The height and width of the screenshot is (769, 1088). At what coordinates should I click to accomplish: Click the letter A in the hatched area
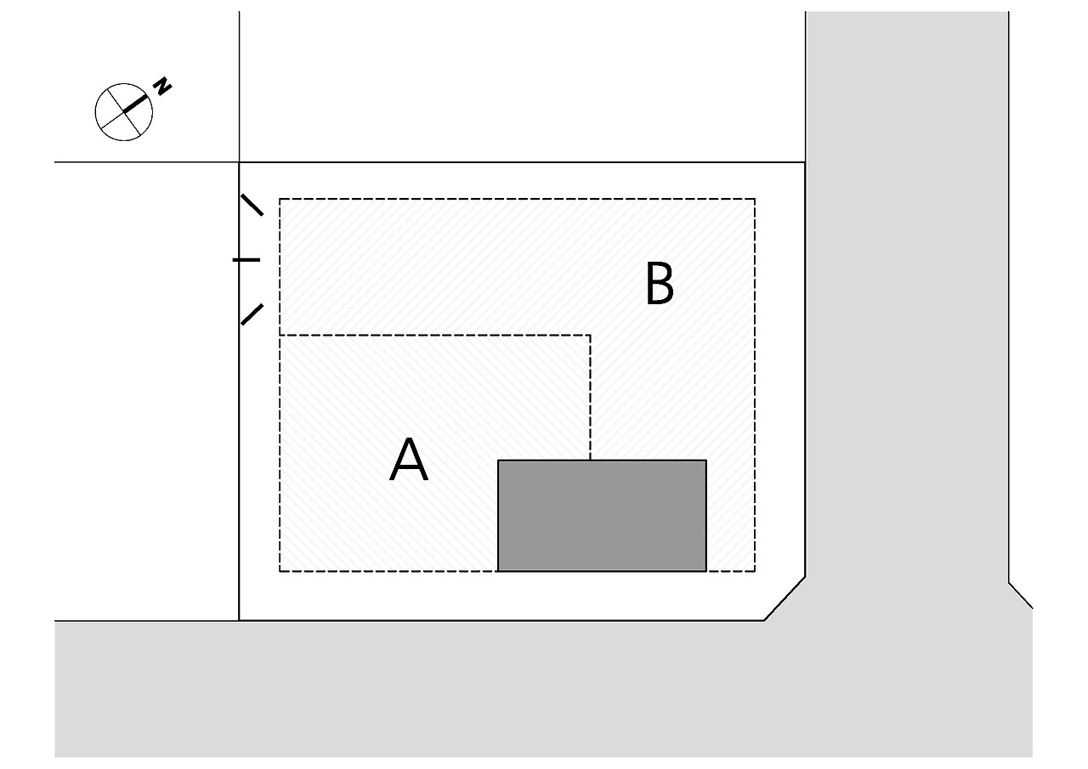point(408,461)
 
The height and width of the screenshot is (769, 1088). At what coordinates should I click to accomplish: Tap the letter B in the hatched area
point(660,284)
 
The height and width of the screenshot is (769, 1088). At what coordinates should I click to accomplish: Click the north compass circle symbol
point(123,111)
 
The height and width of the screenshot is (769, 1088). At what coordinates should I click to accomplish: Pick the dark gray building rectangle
point(602,516)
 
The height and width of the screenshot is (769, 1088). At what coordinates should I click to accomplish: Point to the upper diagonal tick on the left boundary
point(252,205)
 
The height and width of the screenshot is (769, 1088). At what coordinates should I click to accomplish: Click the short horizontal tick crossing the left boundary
point(246,259)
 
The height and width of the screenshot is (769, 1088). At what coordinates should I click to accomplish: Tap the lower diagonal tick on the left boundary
point(252,314)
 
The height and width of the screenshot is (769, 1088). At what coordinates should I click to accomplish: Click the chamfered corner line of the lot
point(785,599)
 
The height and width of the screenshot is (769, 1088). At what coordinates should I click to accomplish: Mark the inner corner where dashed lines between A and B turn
point(590,336)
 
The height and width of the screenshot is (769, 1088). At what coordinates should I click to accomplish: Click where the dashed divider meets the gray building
point(590,460)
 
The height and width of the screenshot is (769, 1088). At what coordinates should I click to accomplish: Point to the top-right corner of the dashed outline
point(754,199)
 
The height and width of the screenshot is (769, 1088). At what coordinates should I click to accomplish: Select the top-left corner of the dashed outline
point(280,199)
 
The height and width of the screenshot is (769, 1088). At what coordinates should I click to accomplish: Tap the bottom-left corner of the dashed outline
point(280,571)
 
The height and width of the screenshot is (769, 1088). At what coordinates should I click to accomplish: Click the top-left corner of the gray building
point(498,461)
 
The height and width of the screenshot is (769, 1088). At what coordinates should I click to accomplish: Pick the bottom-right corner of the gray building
point(706,571)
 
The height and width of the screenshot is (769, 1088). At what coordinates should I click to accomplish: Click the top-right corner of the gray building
point(706,461)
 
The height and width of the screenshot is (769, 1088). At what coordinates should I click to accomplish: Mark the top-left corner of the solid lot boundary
point(240,162)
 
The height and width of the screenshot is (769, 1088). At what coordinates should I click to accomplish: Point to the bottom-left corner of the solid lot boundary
point(240,620)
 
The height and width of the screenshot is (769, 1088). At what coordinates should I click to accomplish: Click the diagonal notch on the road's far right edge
point(1021,596)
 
